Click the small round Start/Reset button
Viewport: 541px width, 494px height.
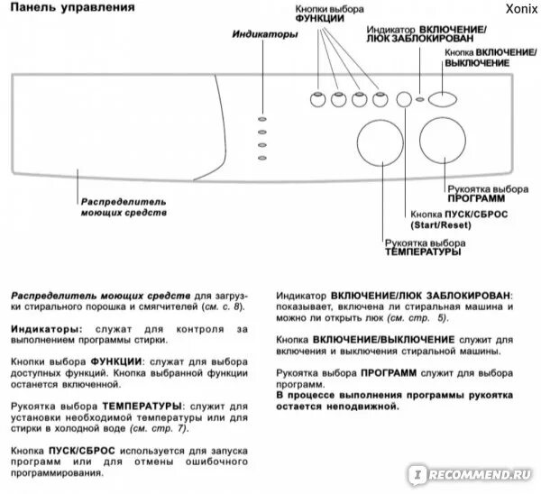pos(403,99)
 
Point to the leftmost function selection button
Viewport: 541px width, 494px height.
pos(318,99)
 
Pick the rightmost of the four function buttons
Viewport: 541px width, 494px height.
pos(379,99)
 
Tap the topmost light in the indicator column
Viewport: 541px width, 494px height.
pos(261,118)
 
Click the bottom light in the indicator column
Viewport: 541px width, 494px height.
pos(261,160)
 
